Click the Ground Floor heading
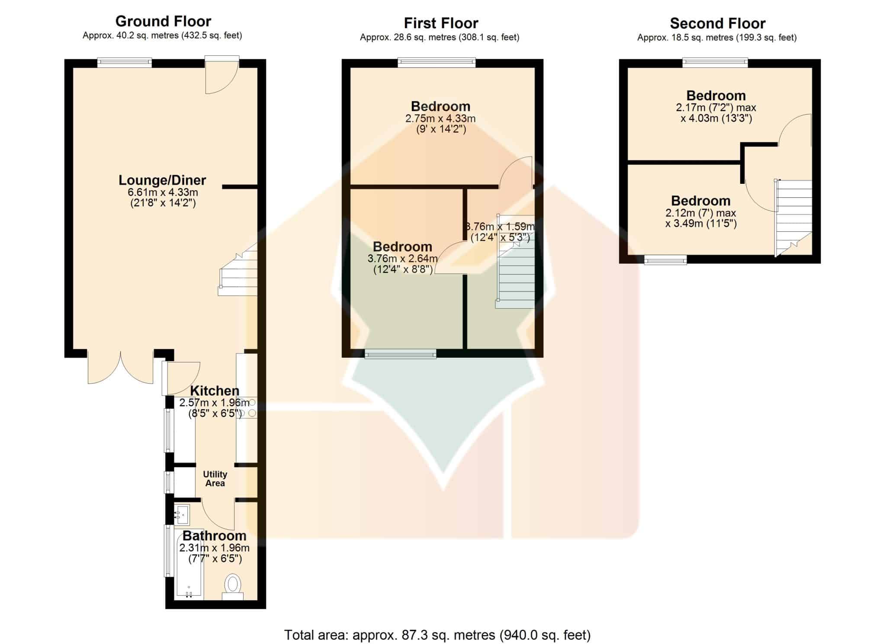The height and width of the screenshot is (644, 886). pyautogui.click(x=163, y=21)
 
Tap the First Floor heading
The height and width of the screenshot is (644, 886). pyautogui.click(x=441, y=23)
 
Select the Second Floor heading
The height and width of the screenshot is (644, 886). pyautogui.click(x=718, y=23)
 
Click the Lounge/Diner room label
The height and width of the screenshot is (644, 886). pyautogui.click(x=162, y=180)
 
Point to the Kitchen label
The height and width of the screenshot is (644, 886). pyautogui.click(x=215, y=391)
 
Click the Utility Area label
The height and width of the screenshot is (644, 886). pyautogui.click(x=215, y=479)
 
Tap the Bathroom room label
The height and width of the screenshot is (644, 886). pyautogui.click(x=215, y=536)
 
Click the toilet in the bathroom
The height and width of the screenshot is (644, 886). pyautogui.click(x=233, y=586)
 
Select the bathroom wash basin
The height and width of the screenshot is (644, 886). pyautogui.click(x=182, y=515)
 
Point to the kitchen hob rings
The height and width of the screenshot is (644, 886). pyautogui.click(x=247, y=408)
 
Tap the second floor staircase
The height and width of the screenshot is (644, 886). pyautogui.click(x=793, y=218)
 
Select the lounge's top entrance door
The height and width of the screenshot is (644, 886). pyautogui.click(x=221, y=74)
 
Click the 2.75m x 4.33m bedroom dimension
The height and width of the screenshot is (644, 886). pyautogui.click(x=440, y=119)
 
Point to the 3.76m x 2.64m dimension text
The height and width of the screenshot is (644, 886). pyautogui.click(x=402, y=259)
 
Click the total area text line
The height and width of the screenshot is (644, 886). pyautogui.click(x=437, y=635)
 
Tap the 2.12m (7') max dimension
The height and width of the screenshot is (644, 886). pyautogui.click(x=701, y=213)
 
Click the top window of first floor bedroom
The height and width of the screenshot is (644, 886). pyautogui.click(x=437, y=63)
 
